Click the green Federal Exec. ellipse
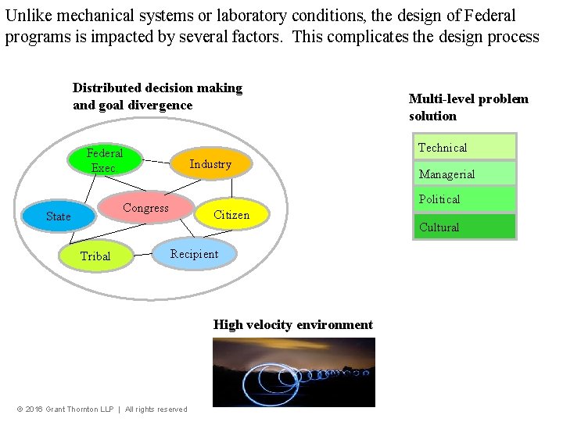pos(105,160)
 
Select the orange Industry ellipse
pos(210,164)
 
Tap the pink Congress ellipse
pos(145,208)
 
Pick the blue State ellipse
pos(59,216)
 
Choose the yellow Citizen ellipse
pos(231,215)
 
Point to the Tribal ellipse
pos(95,256)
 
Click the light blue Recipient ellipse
pos(195,254)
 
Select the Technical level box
pos(464,147)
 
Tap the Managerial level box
pos(464,173)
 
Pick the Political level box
pos(464,199)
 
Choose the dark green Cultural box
pos(464,227)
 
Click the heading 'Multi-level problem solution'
pos(468,107)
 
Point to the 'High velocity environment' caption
pos(293,324)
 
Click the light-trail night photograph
pos(293,372)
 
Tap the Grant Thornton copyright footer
pos(102,409)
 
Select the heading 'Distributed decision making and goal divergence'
pos(157,96)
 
